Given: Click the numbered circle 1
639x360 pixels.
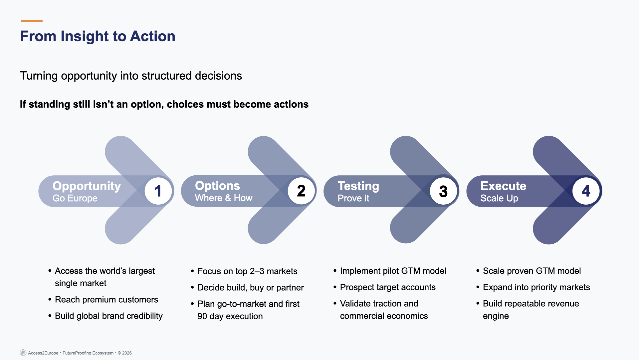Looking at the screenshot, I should [158, 191].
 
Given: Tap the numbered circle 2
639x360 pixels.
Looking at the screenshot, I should [301, 191].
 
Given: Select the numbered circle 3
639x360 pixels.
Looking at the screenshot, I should [443, 191].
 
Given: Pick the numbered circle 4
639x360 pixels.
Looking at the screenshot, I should [586, 191].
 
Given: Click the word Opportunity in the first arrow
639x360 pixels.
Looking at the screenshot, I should [87, 186].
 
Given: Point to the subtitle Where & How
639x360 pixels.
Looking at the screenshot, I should [224, 198].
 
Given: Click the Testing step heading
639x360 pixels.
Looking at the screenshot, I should [358, 186].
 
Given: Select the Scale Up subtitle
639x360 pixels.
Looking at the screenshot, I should [499, 198].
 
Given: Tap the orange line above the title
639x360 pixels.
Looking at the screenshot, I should [32, 21].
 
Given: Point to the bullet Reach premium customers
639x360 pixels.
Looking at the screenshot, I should [106, 300].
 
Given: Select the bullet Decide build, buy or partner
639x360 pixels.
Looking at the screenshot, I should [250, 288].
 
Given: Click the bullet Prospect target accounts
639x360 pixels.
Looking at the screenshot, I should [388, 287].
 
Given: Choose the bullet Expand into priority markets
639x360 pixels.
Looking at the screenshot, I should [536, 287].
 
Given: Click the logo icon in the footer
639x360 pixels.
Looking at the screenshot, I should [23, 353].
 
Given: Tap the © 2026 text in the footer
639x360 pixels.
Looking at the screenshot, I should [125, 353].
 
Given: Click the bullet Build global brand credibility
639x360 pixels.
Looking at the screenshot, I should [108, 316].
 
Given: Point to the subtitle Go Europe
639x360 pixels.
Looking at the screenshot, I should [75, 198].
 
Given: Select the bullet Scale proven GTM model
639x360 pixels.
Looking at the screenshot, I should [532, 271].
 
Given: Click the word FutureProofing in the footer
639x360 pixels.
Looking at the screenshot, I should [77, 353].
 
